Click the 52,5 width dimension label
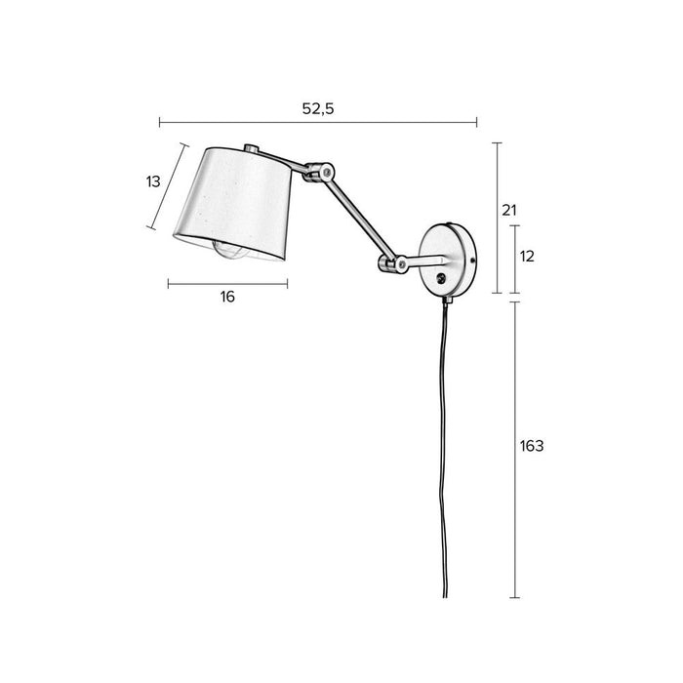pyautogui.click(x=318, y=109)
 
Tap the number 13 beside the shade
pyautogui.click(x=153, y=181)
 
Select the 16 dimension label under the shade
pyautogui.click(x=227, y=297)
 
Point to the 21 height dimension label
pyautogui.click(x=508, y=210)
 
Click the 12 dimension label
pyautogui.click(x=528, y=257)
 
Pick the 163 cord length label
pyautogui.click(x=532, y=446)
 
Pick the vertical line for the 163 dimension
pyautogui.click(x=514, y=449)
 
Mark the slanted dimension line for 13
pyautogui.click(x=167, y=185)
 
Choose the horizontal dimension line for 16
pyautogui.click(x=227, y=283)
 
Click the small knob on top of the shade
pyautogui.click(x=252, y=149)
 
